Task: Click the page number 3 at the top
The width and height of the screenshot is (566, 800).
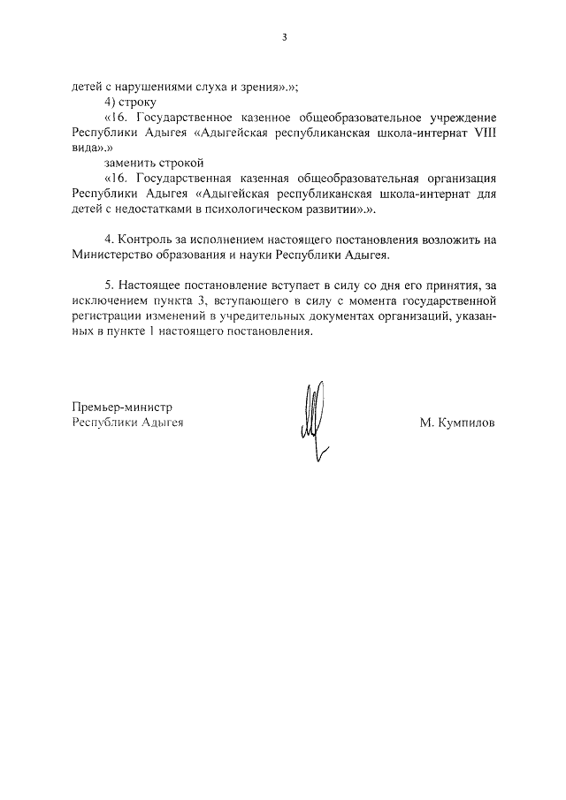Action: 284,38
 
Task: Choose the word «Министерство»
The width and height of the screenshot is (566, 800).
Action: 115,254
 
